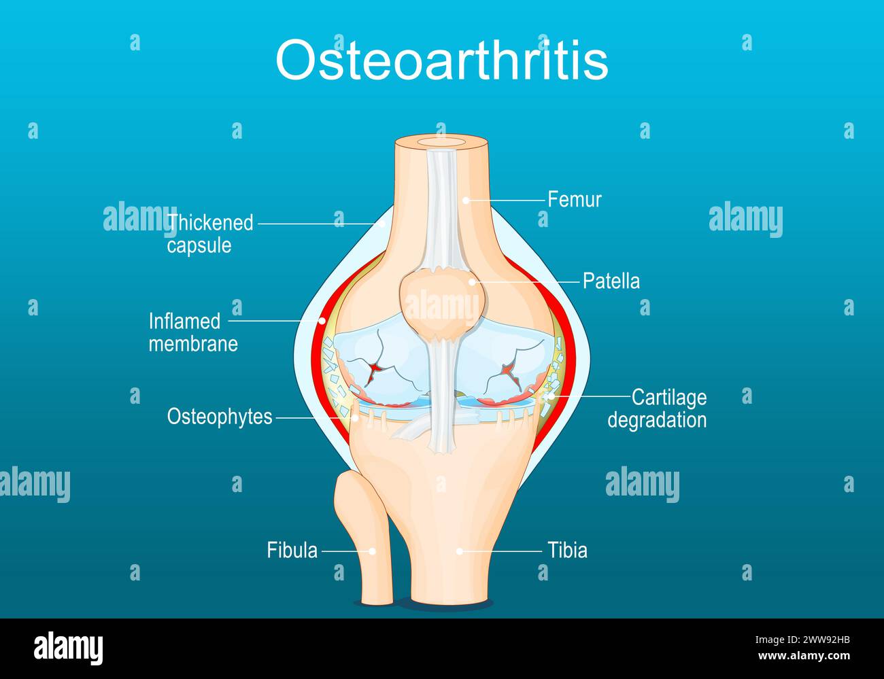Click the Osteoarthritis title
442,60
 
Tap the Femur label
575,200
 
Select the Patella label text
611,281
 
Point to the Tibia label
568,551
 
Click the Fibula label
292,551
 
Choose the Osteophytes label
220,417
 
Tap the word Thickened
210,223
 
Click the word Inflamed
185,321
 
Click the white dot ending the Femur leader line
466,201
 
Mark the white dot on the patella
472,282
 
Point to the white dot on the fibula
372,551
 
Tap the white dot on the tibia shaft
459,551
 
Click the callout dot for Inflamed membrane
322,321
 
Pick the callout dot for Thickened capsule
381,224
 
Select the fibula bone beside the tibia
364,538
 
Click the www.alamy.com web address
804,656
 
